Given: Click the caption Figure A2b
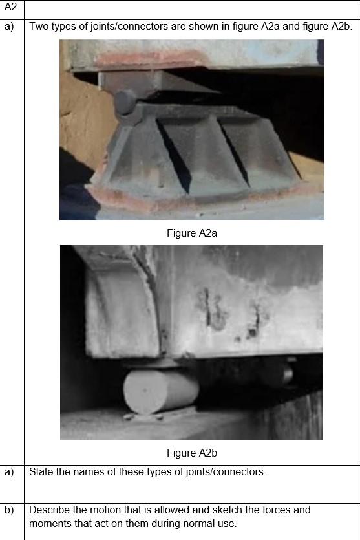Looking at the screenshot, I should pos(191,453).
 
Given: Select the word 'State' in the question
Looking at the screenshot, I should pos(41,472).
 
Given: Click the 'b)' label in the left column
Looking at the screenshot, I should pos(9,510).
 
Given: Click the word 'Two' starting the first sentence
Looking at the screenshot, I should pos(39,27).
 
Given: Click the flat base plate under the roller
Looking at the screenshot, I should pos(162,414).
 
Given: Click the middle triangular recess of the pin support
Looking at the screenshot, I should pos(194,146).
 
